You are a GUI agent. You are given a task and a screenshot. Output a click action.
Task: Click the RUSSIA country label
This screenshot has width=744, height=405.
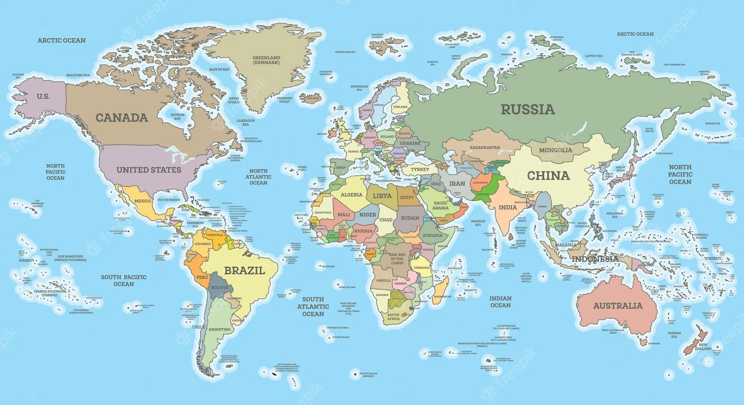(527, 109)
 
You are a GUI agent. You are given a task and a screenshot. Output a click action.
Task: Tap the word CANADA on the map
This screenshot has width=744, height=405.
(122, 118)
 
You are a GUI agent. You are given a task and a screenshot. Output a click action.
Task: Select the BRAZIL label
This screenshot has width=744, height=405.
(244, 271)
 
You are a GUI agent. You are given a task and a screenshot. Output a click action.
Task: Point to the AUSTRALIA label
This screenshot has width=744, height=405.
(618, 306)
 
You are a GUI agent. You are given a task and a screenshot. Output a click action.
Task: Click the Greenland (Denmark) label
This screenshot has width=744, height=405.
(266, 60)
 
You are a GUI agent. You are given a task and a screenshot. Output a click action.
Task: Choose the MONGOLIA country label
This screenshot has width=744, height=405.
(555, 150)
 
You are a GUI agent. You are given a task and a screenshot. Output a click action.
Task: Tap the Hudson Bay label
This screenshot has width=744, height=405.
(177, 117)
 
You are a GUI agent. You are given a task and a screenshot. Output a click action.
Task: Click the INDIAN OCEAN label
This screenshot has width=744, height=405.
(500, 302)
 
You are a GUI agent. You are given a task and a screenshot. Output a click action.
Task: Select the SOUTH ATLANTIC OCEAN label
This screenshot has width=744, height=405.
(313, 306)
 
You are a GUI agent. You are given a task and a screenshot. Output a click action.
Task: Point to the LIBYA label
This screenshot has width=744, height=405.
(382, 196)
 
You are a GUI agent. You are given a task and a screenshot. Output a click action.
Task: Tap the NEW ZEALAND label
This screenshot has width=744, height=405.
(703, 347)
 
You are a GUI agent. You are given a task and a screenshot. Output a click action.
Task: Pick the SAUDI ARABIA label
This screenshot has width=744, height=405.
(440, 205)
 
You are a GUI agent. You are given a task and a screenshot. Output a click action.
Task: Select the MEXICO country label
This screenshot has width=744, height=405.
(143, 201)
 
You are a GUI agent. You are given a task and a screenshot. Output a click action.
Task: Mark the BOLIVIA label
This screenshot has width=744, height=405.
(219, 287)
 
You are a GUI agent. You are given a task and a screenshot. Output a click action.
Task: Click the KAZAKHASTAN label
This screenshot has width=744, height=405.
(485, 147)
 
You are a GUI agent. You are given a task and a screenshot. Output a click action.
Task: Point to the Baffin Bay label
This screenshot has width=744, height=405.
(219, 70)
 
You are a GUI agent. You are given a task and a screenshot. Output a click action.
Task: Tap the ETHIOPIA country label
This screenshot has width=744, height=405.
(433, 236)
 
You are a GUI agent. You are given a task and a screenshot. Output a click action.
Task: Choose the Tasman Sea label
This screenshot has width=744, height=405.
(674, 335)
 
